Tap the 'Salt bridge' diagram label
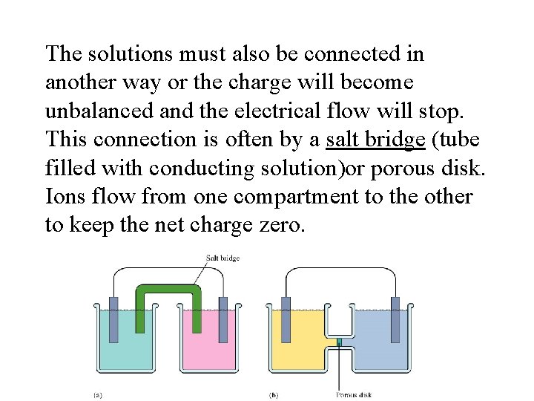222,258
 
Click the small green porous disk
338,342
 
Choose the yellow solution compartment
297,349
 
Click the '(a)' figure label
97,394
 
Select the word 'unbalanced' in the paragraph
90,111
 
